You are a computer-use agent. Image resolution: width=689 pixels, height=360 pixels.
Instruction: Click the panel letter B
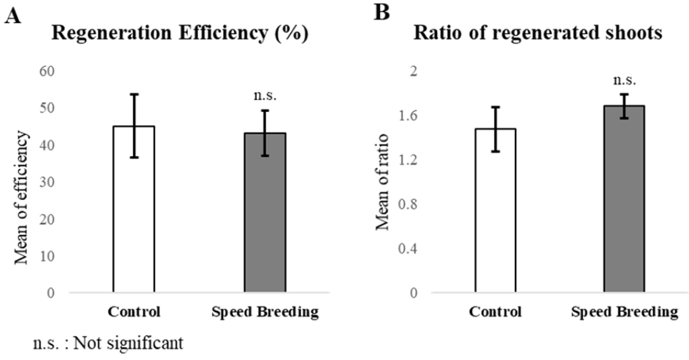[381, 13]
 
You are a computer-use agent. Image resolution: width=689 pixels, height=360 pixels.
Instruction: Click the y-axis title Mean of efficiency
[23, 197]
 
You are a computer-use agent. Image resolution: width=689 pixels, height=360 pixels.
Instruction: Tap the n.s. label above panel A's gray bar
[265, 95]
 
